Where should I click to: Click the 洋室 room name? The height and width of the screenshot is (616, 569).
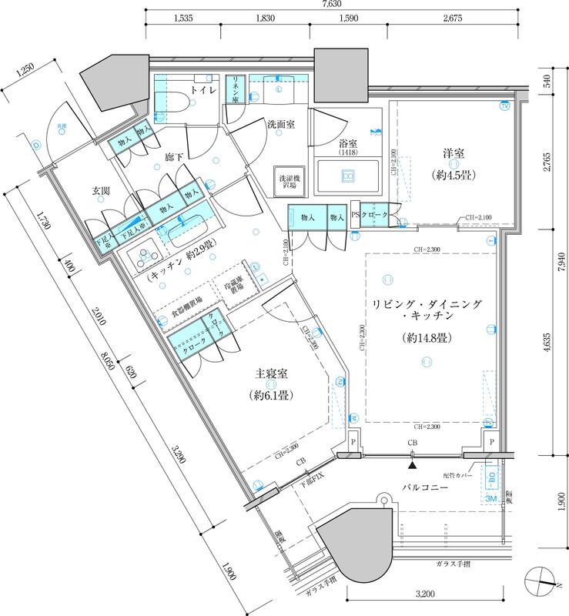point(451,153)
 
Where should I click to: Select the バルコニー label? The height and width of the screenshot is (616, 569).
point(431,487)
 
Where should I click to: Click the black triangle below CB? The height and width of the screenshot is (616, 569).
point(413,464)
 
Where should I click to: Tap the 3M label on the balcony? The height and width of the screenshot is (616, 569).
point(492,498)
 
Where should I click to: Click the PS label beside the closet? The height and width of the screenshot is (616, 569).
point(355,216)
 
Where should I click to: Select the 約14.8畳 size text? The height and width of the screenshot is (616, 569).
point(427,338)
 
